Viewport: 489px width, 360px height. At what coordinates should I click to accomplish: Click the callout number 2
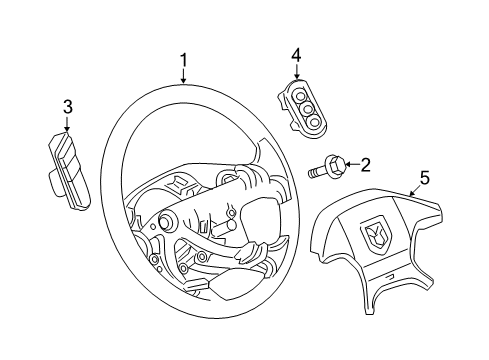point(366,164)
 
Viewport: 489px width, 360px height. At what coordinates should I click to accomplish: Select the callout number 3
point(67,106)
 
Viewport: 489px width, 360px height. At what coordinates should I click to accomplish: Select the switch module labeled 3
point(64,160)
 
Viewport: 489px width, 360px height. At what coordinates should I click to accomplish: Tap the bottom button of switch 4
point(314,121)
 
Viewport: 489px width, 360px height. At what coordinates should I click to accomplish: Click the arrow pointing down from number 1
point(184,77)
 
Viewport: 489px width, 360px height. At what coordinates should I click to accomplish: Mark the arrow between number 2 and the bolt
point(350,164)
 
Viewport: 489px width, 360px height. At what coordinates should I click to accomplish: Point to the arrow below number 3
point(66,124)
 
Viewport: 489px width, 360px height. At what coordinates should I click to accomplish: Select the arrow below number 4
point(296,71)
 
